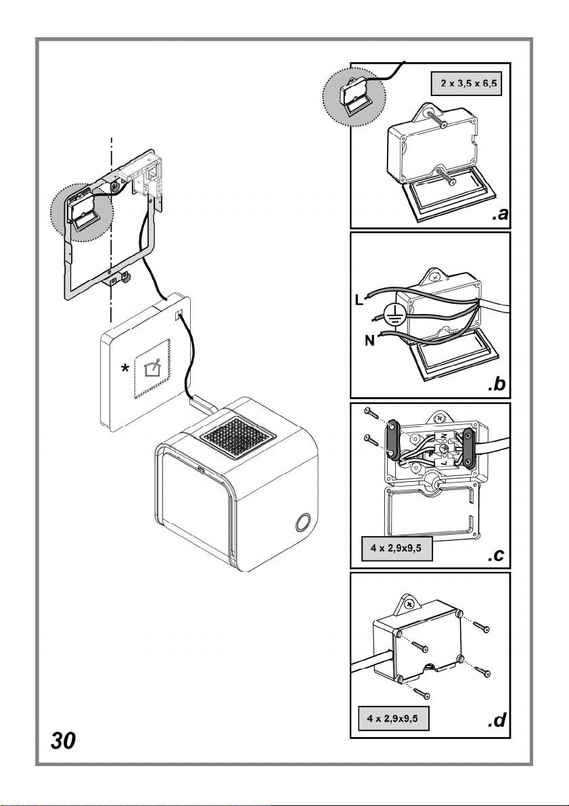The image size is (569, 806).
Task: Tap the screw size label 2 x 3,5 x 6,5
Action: click(x=466, y=86)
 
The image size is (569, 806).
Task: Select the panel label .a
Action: click(x=499, y=215)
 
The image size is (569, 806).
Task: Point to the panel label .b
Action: click(x=499, y=386)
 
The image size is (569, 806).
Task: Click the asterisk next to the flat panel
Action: click(x=124, y=369)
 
